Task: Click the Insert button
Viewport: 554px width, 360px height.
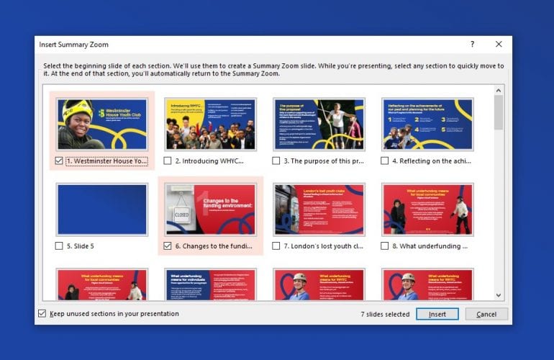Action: pyautogui.click(x=437, y=314)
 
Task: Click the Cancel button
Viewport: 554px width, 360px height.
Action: pyautogui.click(x=486, y=314)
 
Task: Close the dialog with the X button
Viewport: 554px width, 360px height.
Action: pyautogui.click(x=499, y=44)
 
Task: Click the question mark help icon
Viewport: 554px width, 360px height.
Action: pyautogui.click(x=472, y=44)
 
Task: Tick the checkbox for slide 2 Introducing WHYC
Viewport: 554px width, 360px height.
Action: pyautogui.click(x=168, y=161)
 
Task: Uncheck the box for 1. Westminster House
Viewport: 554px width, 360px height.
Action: pyautogui.click(x=59, y=161)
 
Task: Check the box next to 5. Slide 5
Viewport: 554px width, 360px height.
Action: pyautogui.click(x=59, y=246)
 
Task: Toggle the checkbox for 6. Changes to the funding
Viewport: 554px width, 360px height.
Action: pyautogui.click(x=168, y=246)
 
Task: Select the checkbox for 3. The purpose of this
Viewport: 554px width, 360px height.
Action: pyautogui.click(x=277, y=161)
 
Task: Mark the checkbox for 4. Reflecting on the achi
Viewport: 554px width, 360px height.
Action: pyautogui.click(x=385, y=161)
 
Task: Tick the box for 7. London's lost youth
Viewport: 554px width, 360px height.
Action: pyautogui.click(x=277, y=246)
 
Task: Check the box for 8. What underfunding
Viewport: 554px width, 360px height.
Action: pyautogui.click(x=385, y=246)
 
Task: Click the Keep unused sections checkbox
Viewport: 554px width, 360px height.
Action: pyautogui.click(x=42, y=314)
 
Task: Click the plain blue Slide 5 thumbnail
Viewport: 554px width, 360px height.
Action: pyautogui.click(x=102, y=209)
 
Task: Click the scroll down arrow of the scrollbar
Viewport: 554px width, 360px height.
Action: pyautogui.click(x=499, y=294)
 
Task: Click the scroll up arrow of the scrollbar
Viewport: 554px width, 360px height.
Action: pyautogui.click(x=499, y=91)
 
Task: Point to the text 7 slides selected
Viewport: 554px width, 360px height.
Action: pyautogui.click(x=385, y=314)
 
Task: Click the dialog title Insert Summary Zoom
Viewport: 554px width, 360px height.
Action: pyautogui.click(x=73, y=45)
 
